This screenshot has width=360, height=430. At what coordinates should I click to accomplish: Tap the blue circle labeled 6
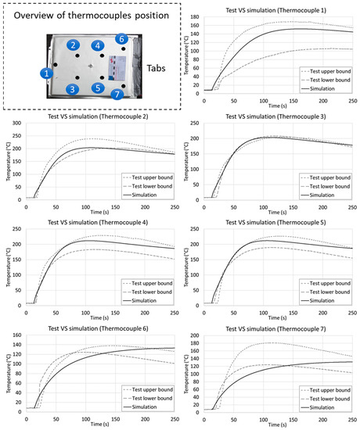click(x=121, y=38)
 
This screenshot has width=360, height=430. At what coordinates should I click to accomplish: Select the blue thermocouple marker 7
click(x=117, y=95)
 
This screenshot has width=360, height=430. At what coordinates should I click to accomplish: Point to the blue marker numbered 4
click(x=97, y=46)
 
